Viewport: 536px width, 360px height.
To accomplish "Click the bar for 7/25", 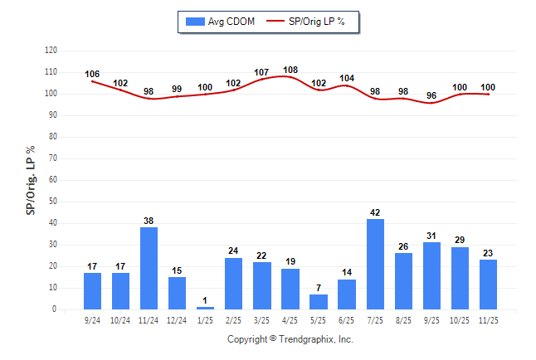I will (x=375, y=264).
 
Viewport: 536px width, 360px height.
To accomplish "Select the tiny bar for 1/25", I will (x=205, y=308).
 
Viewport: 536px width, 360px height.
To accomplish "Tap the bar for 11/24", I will (x=149, y=268).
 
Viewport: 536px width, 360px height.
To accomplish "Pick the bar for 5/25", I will (x=319, y=302).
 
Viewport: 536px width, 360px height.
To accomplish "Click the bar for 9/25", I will (x=431, y=275).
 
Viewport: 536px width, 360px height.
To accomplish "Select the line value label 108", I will (x=290, y=71).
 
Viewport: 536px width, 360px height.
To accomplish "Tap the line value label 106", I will (x=92, y=74).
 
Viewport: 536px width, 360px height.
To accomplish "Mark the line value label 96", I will (x=431, y=95).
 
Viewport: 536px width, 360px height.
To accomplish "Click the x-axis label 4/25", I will (x=290, y=319).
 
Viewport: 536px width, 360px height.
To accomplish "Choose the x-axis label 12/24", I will (x=177, y=319).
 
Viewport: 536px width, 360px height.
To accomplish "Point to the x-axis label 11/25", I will (x=488, y=319).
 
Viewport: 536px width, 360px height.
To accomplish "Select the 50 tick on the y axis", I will (x=52, y=202).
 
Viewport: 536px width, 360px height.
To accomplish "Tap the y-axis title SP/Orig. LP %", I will (x=31, y=178).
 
